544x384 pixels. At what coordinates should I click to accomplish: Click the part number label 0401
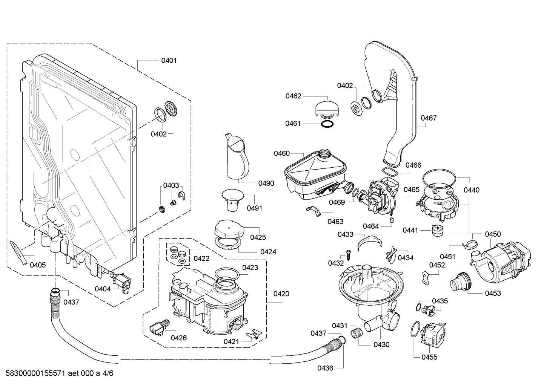(169, 60)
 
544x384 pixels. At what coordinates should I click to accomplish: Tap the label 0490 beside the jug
(266, 184)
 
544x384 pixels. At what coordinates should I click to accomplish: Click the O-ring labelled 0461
(327, 124)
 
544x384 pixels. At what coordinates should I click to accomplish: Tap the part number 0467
(429, 118)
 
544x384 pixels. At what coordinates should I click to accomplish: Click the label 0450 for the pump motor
(493, 234)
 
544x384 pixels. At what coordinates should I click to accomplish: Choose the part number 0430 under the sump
(381, 344)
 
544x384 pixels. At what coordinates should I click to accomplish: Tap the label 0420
(281, 294)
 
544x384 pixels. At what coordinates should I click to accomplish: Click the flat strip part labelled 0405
(18, 252)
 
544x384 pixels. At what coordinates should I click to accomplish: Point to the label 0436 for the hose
(325, 368)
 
